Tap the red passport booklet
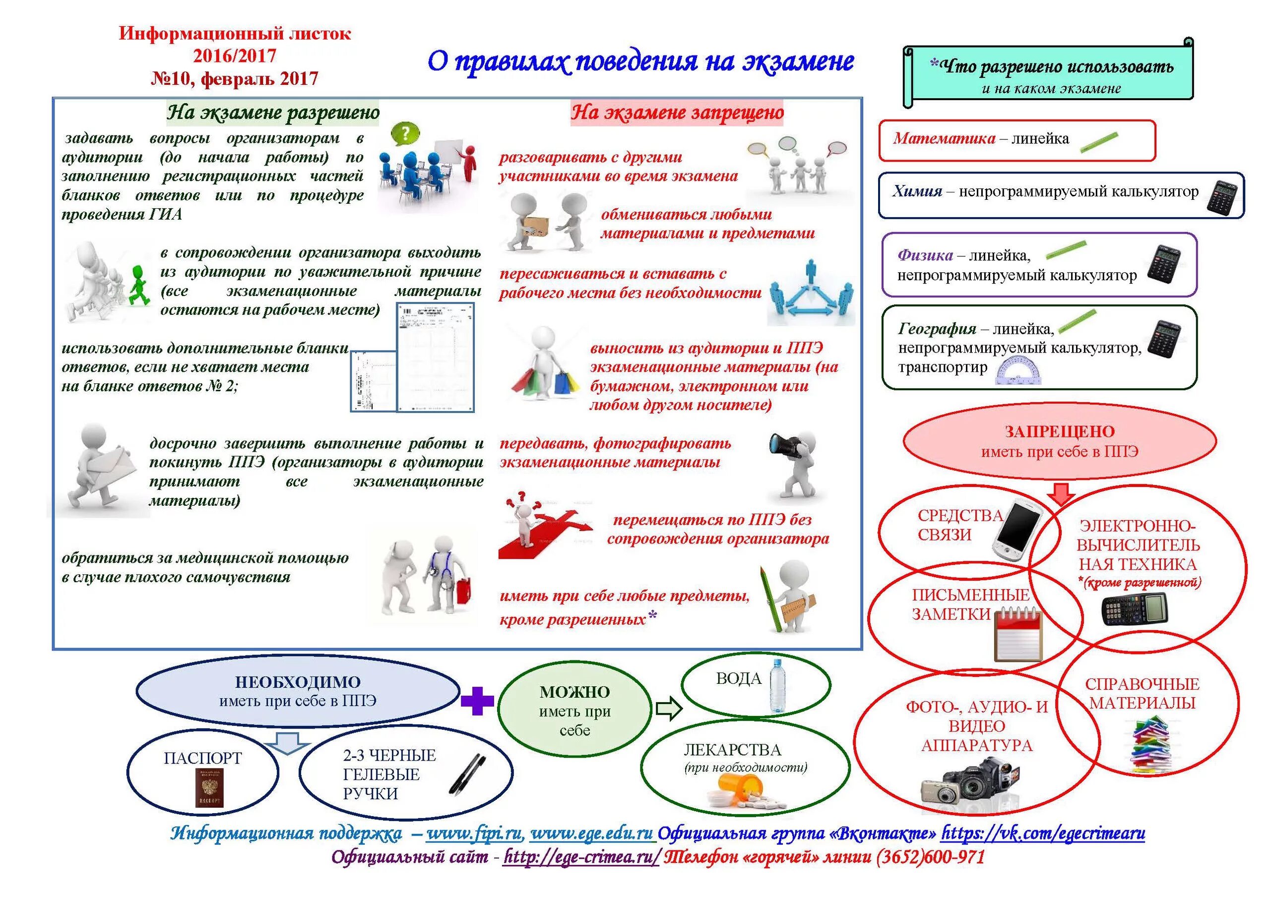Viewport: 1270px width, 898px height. (x=209, y=787)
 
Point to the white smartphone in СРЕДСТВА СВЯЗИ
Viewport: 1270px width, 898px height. (x=1016, y=530)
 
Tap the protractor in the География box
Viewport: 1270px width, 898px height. (x=1019, y=371)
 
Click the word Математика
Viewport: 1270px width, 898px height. (x=944, y=138)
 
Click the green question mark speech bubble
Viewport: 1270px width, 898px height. (x=405, y=134)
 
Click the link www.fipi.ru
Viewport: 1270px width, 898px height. (x=474, y=834)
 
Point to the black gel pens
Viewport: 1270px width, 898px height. (x=468, y=774)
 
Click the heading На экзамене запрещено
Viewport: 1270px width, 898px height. (x=677, y=113)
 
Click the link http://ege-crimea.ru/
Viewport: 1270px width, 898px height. (x=581, y=857)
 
